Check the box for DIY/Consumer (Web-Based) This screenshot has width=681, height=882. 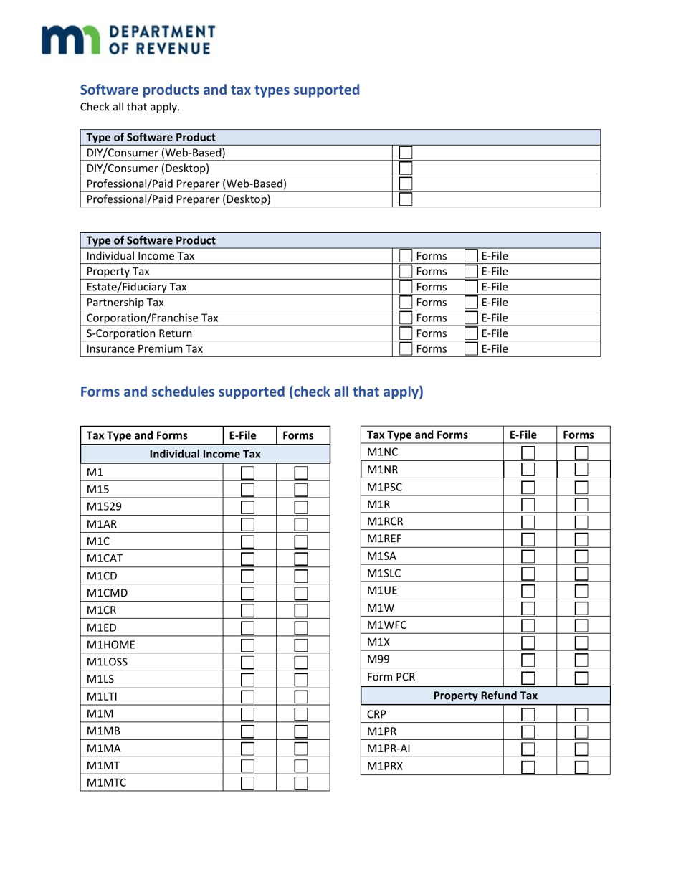(406, 152)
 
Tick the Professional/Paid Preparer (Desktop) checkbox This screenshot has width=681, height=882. (406, 199)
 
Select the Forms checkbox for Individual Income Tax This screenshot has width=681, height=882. (406, 256)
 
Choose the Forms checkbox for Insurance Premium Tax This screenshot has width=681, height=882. (406, 349)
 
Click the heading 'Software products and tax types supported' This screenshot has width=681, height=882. (219, 90)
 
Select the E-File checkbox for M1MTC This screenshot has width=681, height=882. (249, 783)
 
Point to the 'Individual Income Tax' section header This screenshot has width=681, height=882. (204, 453)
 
